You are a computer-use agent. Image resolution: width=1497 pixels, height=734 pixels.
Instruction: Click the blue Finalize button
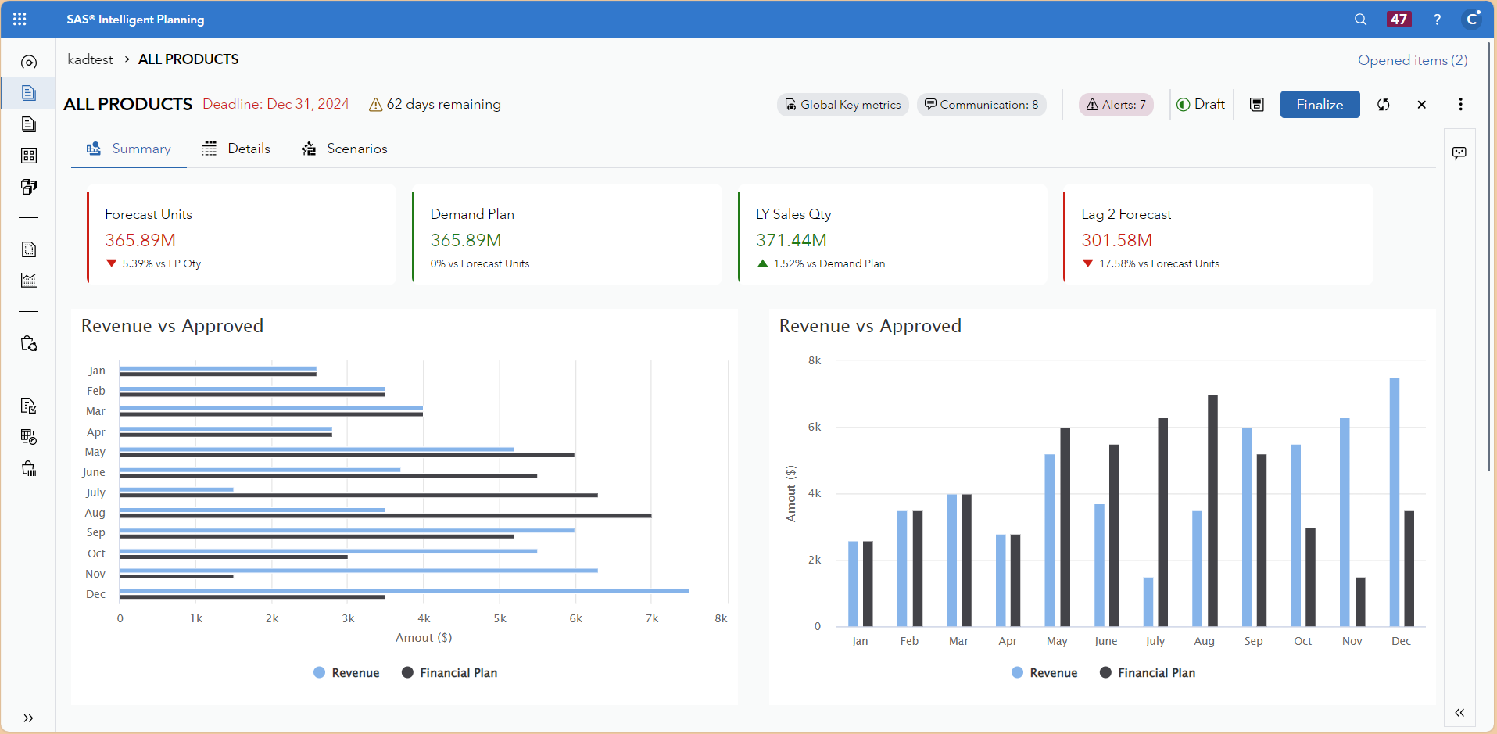[1320, 105]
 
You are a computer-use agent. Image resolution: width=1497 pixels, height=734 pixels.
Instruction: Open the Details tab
[237, 149]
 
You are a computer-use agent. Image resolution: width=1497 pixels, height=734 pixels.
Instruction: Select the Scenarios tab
[345, 149]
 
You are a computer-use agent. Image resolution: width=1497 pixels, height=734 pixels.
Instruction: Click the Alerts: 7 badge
[1116, 105]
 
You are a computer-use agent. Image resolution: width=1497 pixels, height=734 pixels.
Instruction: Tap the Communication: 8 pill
[982, 105]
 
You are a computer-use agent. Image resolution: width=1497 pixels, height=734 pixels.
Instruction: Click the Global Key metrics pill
[843, 105]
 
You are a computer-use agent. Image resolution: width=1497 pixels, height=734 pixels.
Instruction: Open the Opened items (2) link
[1413, 60]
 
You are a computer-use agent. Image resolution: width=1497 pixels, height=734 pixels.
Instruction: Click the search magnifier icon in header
[1360, 20]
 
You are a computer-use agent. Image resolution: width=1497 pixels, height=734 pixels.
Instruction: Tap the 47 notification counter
[1399, 20]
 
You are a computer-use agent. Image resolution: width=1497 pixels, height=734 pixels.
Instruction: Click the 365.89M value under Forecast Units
[141, 240]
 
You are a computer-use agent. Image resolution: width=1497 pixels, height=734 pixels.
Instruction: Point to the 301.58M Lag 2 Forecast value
[1116, 240]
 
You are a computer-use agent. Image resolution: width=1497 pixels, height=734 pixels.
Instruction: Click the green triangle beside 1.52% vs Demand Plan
[762, 263]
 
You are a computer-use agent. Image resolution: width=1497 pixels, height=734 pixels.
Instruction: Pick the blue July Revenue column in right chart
[1148, 602]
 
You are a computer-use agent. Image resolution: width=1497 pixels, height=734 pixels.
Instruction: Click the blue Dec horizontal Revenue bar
[403, 591]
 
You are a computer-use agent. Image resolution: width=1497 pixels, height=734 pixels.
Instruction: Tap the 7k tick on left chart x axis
[652, 618]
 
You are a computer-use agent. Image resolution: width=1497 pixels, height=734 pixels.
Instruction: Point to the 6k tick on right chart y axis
[815, 427]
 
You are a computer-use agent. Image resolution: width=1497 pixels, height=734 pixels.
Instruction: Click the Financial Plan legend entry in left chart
[449, 673]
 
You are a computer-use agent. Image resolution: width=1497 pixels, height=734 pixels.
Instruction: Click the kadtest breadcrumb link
[90, 59]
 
